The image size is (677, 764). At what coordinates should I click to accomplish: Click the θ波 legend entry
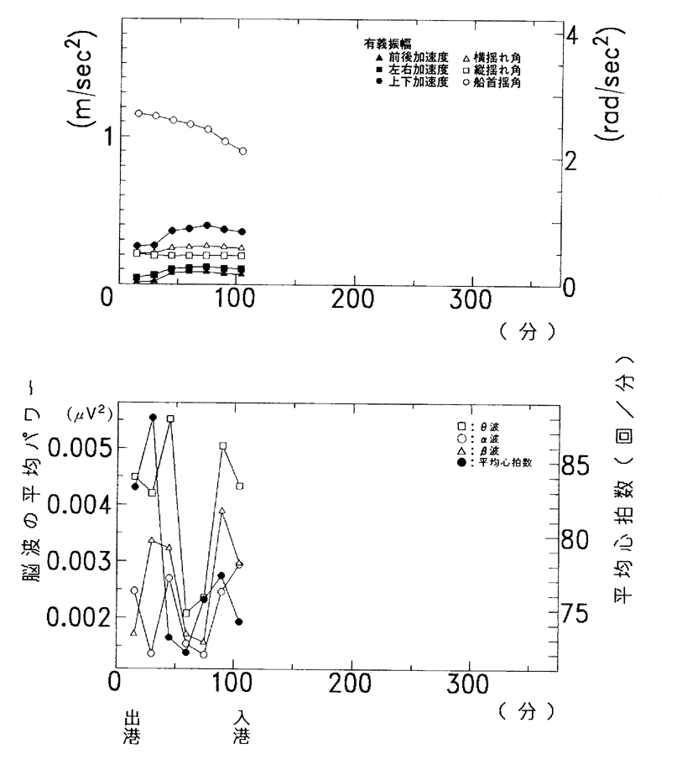coord(489,425)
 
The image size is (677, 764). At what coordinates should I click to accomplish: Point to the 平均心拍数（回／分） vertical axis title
coord(622,486)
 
